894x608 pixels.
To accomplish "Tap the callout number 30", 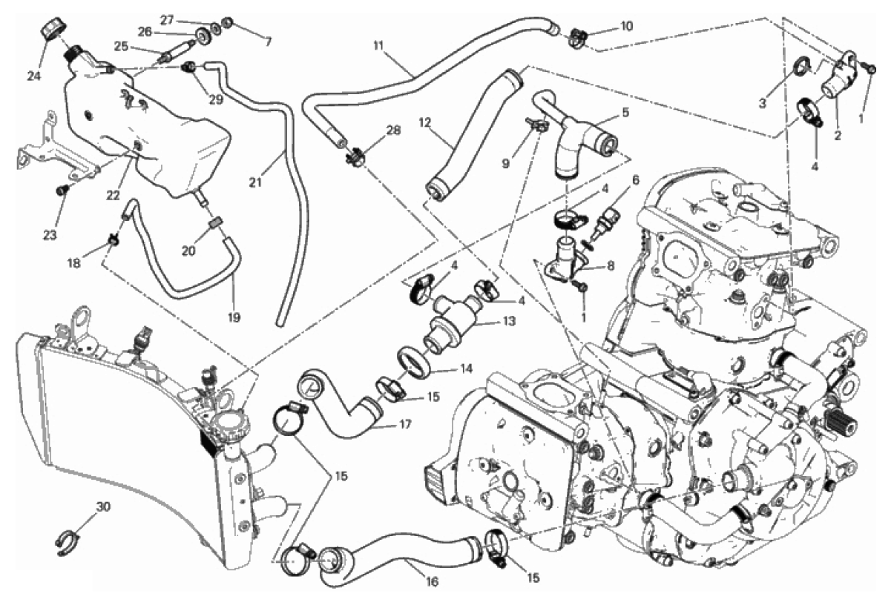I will pyautogui.click(x=103, y=507).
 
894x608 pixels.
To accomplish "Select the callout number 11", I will pyautogui.click(x=378, y=46).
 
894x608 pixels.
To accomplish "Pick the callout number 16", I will pyautogui.click(x=433, y=582).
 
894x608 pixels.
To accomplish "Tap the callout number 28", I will pyautogui.click(x=393, y=130).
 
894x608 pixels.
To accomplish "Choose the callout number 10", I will pyautogui.click(x=626, y=27).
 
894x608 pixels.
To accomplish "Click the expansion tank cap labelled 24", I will pyautogui.click(x=52, y=29).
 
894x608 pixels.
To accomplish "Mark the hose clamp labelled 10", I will pyautogui.click(x=579, y=35).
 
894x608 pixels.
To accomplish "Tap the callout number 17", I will pyautogui.click(x=404, y=425).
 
